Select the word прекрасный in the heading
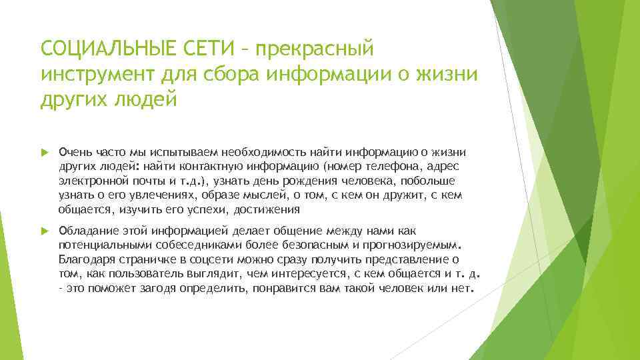(x=315, y=49)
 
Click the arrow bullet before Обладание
(x=45, y=231)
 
